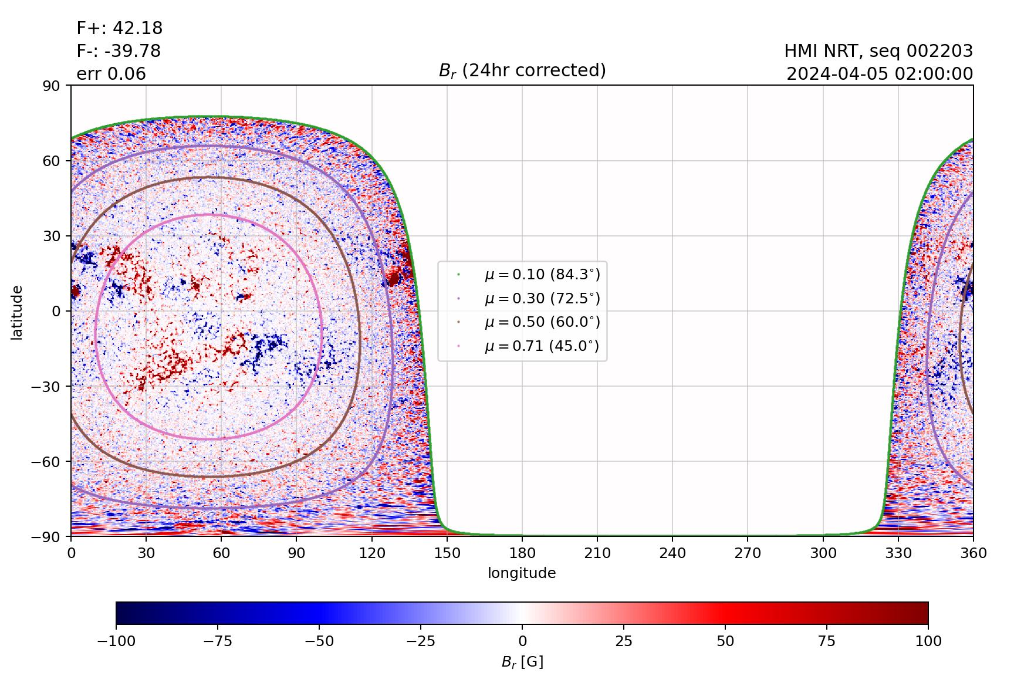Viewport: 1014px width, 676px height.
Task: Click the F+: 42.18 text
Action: [120, 28]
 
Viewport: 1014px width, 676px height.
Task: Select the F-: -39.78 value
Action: [119, 51]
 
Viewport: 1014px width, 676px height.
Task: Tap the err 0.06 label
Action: [111, 74]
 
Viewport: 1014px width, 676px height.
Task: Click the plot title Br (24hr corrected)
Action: [522, 71]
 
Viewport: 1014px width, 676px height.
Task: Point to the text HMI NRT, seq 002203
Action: [878, 51]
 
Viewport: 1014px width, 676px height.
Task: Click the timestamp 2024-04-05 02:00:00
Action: [880, 74]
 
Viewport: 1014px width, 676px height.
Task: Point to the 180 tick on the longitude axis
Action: [522, 553]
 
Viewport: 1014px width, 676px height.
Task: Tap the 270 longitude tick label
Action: [748, 553]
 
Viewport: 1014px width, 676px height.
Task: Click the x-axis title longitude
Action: [522, 573]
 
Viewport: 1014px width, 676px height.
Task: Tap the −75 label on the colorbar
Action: [218, 641]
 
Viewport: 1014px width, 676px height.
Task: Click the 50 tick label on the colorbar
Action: [725, 641]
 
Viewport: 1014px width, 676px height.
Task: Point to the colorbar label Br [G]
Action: [522, 663]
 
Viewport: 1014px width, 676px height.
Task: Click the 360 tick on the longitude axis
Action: [973, 553]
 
